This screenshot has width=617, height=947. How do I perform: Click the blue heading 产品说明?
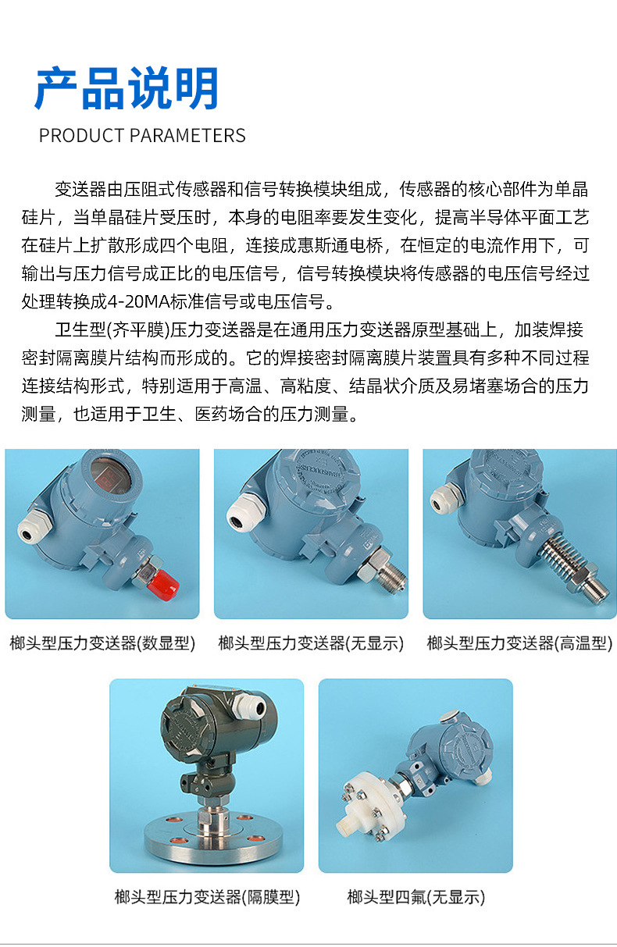coord(127,88)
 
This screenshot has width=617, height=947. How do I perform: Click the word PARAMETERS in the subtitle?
coord(187,136)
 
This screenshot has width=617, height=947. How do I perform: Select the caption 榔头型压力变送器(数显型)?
coord(102,643)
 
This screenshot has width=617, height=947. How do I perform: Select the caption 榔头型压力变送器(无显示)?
coord(311,643)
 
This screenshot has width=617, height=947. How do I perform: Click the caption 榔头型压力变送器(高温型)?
coord(519,643)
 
